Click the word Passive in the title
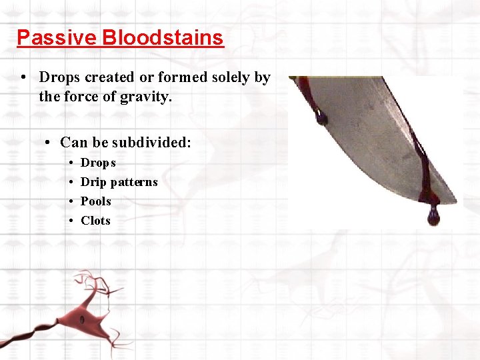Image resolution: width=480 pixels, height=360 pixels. pyautogui.click(x=57, y=37)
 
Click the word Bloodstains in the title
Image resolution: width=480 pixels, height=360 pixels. pyautogui.click(x=163, y=37)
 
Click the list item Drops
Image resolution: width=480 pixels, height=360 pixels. pyautogui.click(x=98, y=163)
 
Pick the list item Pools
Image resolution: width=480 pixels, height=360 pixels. pyautogui.click(x=96, y=201)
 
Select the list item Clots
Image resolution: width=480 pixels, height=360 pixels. pyautogui.click(x=95, y=221)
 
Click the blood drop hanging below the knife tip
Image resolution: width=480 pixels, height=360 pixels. pyautogui.click(x=433, y=216)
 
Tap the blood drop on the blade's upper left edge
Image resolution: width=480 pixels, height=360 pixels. pyautogui.click(x=321, y=119)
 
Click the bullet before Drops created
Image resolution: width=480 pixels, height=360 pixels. pyautogui.click(x=23, y=77)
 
